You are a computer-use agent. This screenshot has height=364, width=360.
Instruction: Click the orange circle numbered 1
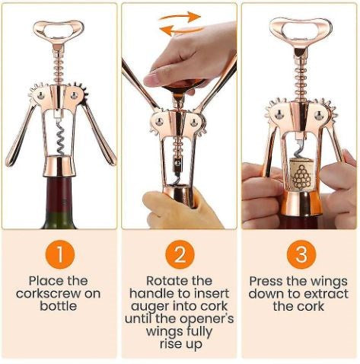pyautogui.click(x=59, y=254)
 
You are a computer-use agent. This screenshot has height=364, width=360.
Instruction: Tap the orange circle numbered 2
pyautogui.click(x=180, y=254)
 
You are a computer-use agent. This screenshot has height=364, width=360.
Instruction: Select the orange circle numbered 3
pyautogui.click(x=299, y=254)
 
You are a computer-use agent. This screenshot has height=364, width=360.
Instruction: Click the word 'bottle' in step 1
pyautogui.click(x=59, y=305)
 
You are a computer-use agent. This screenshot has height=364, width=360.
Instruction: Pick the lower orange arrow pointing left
pyautogui.click(x=174, y=30)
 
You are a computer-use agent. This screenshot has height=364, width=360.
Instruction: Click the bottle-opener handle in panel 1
pyautogui.click(x=59, y=30)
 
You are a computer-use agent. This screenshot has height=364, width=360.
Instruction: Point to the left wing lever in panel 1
pyautogui.click(x=21, y=133)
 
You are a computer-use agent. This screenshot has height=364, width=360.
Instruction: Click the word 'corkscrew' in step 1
pyautogui.click(x=59, y=293)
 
